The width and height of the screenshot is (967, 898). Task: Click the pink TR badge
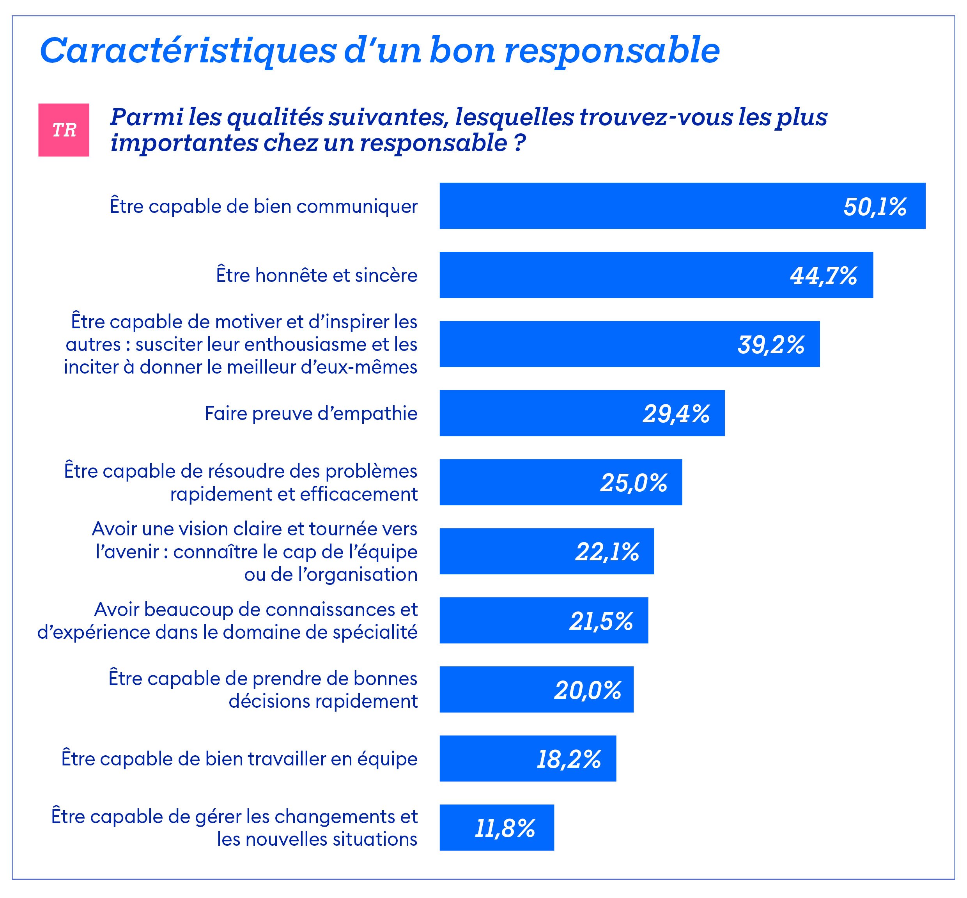click(64, 130)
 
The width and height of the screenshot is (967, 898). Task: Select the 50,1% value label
click(875, 207)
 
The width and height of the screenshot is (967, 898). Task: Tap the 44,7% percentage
click(823, 276)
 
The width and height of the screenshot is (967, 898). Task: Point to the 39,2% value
click(771, 345)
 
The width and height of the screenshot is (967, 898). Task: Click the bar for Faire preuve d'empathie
click(582, 413)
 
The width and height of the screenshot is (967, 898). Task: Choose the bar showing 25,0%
click(560, 482)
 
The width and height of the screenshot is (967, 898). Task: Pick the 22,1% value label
click(607, 551)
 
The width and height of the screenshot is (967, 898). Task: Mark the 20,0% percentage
click(588, 690)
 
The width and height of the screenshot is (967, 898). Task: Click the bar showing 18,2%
click(527, 759)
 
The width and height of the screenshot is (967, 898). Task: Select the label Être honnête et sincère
click(316, 276)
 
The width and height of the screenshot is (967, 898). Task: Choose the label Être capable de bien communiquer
click(263, 207)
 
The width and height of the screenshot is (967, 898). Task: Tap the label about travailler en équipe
click(239, 759)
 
